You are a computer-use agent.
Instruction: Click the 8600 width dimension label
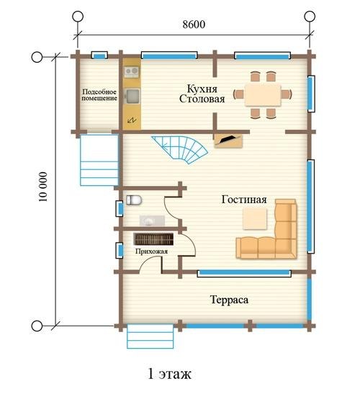194,24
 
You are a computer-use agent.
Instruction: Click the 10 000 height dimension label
42,187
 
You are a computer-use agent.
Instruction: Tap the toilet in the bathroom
134,200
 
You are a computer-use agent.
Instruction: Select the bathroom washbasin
152,220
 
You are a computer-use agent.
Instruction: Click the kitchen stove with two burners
132,72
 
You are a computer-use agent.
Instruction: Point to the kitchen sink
132,96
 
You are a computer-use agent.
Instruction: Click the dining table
262,94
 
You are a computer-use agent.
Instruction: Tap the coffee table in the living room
255,218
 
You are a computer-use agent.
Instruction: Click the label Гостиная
244,200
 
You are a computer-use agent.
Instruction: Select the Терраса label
229,300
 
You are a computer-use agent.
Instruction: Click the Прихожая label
151,251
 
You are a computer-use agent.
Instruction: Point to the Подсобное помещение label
99,95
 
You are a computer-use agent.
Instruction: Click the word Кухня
202,89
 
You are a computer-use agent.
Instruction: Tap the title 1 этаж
170,373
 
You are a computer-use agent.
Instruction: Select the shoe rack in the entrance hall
153,238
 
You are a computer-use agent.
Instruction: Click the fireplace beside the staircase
228,140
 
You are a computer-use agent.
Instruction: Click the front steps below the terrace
150,336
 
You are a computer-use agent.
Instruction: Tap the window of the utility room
99,55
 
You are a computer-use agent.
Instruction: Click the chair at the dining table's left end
238,94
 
